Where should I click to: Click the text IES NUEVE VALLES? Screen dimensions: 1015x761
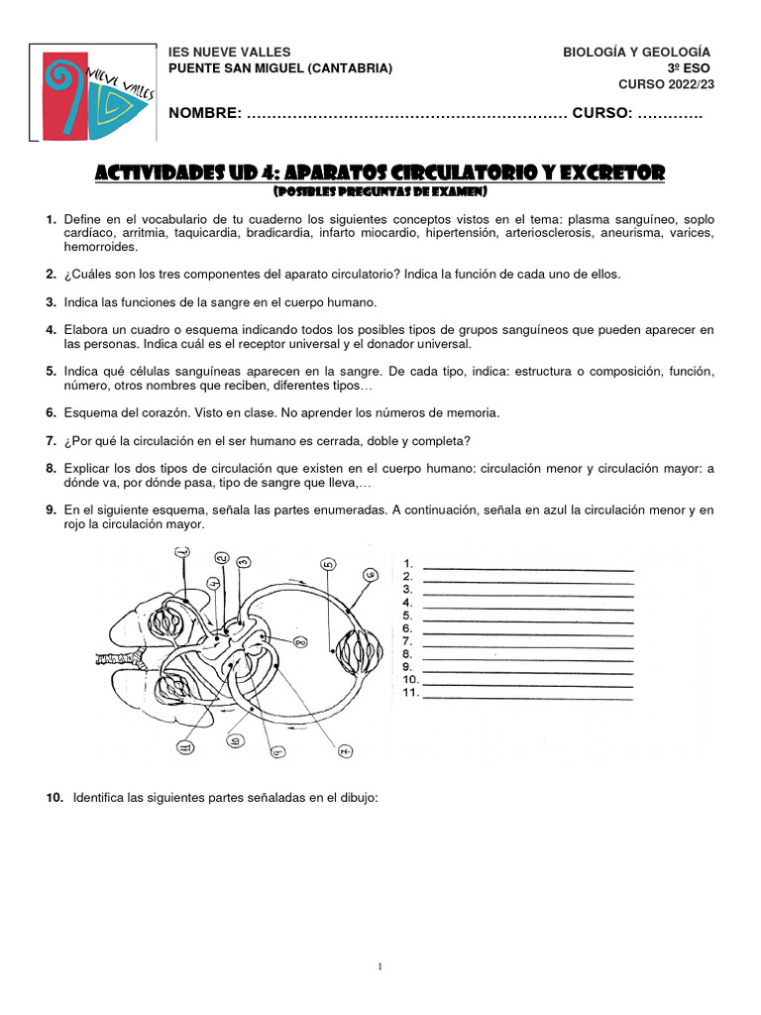pos(230,52)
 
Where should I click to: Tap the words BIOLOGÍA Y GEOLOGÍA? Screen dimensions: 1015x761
pos(636,52)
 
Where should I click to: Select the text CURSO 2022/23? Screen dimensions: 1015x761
pos(666,84)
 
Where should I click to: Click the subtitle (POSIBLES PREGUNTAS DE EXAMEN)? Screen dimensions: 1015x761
pos(380,190)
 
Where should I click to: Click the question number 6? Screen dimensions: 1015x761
pos(51,411)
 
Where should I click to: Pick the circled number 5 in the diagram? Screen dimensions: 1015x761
pos(328,565)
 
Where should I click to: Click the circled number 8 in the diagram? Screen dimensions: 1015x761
pos(300,643)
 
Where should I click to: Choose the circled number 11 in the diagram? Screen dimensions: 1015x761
pos(184,748)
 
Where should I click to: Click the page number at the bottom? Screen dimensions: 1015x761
pos(380,966)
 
